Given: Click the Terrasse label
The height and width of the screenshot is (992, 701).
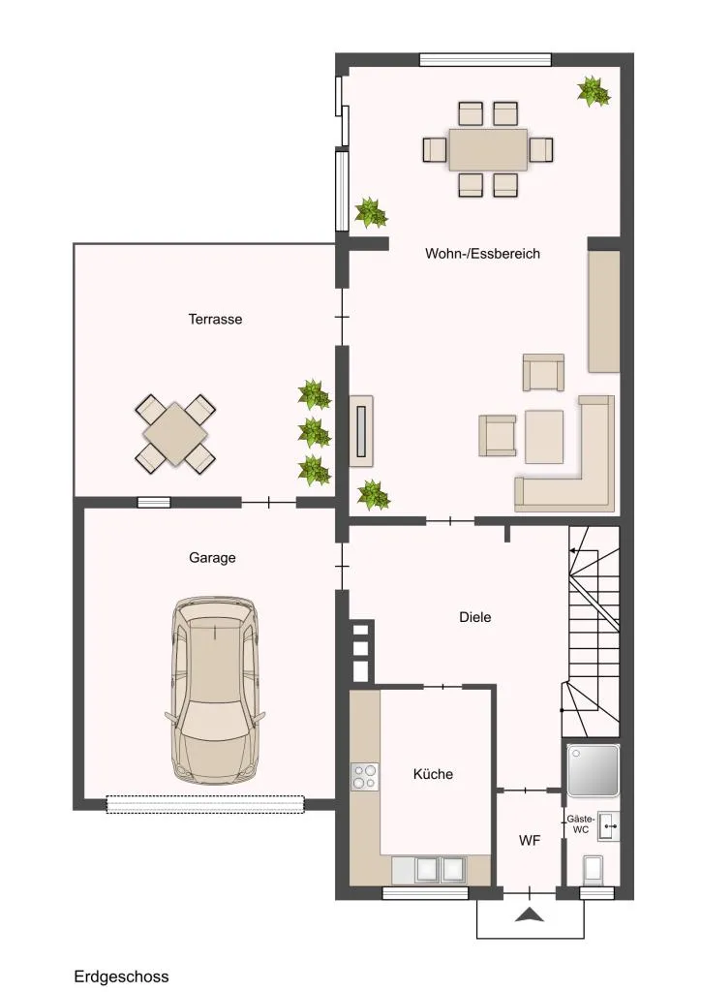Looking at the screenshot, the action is [215, 319].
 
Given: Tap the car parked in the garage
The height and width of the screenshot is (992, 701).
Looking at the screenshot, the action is [215, 690].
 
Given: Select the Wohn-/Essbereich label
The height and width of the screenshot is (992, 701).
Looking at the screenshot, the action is [482, 254].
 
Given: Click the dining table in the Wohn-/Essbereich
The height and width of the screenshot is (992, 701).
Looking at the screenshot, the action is [488, 150].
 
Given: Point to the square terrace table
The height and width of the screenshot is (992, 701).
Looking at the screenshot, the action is [175, 435].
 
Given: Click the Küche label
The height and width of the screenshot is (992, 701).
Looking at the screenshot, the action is [433, 774].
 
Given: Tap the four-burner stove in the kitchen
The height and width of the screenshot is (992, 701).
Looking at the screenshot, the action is [364, 777].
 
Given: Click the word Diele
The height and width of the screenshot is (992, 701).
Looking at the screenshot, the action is [474, 617].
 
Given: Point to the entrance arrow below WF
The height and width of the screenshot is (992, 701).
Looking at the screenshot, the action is [529, 914].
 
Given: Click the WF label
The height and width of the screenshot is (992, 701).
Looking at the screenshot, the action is [529, 840].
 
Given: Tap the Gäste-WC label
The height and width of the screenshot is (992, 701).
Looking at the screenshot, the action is [580, 823].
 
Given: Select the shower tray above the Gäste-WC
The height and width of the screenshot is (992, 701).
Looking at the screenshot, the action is [593, 770].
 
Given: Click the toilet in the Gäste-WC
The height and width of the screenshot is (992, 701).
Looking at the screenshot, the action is [593, 869].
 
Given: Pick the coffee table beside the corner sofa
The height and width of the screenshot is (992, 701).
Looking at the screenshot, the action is [543, 437].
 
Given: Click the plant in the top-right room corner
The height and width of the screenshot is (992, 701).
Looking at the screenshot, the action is [594, 92].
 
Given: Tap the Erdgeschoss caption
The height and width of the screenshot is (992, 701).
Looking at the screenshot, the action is [121, 976].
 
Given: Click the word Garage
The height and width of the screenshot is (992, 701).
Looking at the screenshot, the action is [212, 558].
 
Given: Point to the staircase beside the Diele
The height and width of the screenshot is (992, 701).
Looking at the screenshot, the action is [592, 632].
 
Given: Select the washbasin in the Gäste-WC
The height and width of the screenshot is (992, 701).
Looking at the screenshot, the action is [608, 825].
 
